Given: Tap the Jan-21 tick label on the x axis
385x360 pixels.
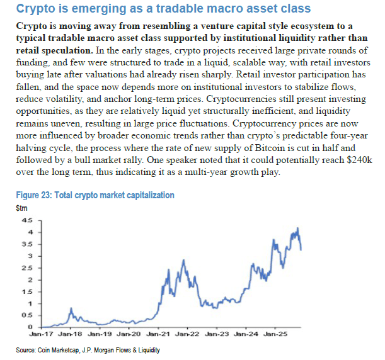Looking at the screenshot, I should click(x=159, y=335).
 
